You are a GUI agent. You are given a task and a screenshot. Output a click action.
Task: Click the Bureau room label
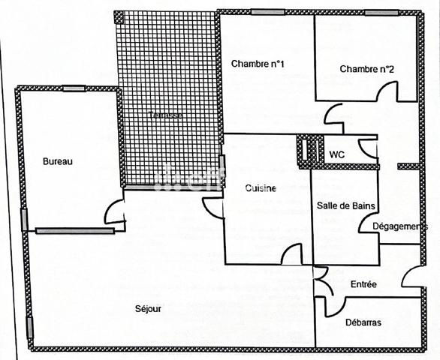point(57,161)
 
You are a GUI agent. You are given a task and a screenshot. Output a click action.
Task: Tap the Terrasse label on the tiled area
point(164,115)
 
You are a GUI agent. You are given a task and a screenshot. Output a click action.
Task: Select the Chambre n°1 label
point(258,63)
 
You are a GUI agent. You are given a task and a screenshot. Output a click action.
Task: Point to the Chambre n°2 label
point(367,69)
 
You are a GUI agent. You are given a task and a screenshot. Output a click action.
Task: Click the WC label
point(337,154)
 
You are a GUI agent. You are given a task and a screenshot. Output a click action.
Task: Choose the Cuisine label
point(261,189)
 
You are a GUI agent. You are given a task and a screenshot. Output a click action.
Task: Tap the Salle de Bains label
point(346,205)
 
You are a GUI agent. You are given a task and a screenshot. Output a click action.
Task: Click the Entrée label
point(363,284)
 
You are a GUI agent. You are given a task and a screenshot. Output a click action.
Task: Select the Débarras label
point(363,322)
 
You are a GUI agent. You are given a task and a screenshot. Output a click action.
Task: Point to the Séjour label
point(148,308)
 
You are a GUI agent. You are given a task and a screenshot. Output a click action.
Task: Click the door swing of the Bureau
point(114,213)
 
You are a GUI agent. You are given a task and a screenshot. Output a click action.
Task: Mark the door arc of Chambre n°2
point(386,91)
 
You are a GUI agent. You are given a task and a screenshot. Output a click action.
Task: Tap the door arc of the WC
point(367,147)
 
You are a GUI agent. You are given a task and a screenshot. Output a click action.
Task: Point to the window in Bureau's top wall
point(74,88)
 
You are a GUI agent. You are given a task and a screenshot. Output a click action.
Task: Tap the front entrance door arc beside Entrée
point(412,277)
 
